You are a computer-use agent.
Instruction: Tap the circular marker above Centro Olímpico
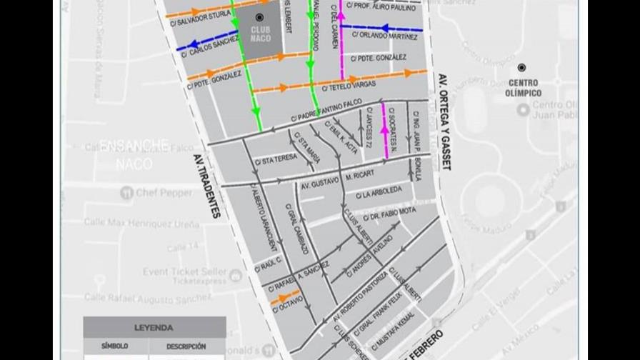pyautogui.click(x=522, y=67)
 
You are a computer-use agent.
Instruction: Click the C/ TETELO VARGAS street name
pyautogui.click(x=349, y=86)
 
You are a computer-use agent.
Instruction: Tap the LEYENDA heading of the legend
pyautogui.click(x=154, y=328)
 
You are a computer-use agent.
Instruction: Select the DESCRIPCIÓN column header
pyautogui.click(x=186, y=346)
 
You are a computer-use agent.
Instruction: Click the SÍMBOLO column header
pyautogui.click(x=114, y=346)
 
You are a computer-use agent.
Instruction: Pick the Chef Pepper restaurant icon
pyautogui.click(x=127, y=192)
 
